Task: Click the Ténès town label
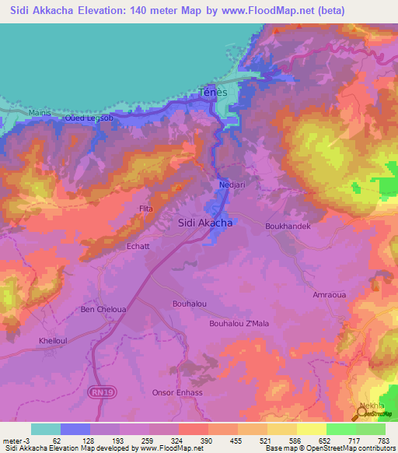coord(214,92)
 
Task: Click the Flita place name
coord(145,209)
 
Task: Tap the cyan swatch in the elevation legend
coord(46,429)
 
